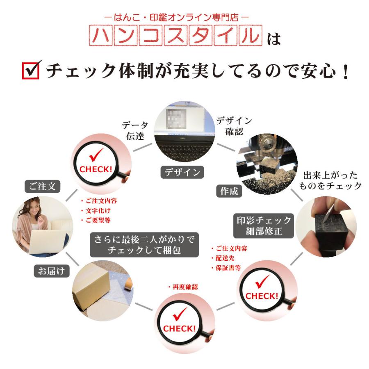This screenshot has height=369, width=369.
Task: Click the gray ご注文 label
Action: coord(42,187)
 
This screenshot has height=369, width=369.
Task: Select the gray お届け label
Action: coord(51,271)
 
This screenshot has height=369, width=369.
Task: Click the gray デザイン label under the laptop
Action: coord(182,172)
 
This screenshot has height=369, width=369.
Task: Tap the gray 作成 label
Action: coord(229,191)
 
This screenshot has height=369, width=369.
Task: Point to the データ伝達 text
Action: coord(134,130)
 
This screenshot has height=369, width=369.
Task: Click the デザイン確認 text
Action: coord(234,126)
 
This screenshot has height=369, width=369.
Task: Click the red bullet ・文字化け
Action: coord(96,210)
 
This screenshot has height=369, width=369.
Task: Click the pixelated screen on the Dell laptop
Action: coord(177,119)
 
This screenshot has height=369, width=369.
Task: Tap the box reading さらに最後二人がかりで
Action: coord(144,244)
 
